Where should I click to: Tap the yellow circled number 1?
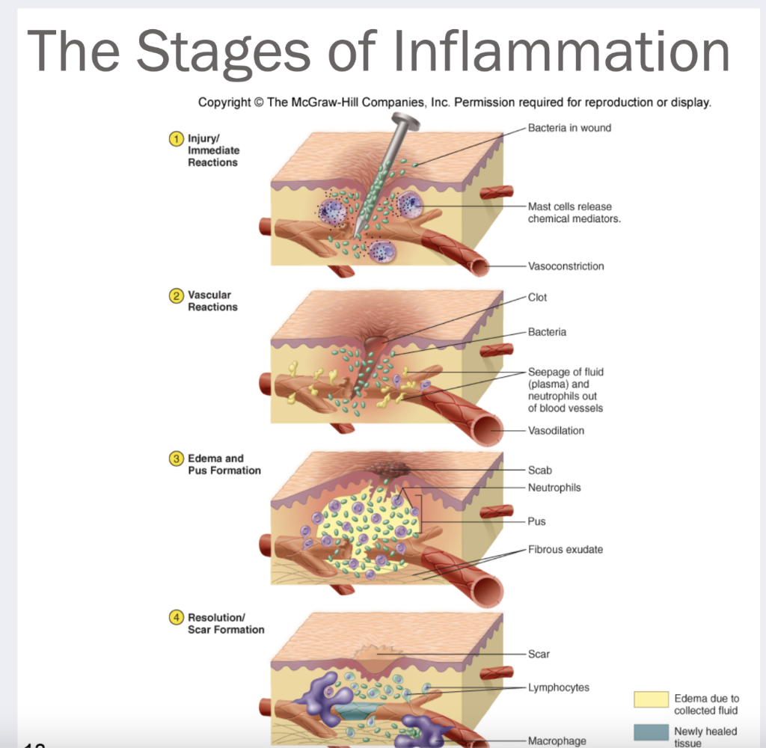click(177, 138)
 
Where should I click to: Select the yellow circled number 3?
click(177, 459)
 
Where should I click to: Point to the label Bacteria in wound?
click(569, 128)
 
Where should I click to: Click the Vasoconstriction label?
click(566, 266)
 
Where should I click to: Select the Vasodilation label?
click(556, 430)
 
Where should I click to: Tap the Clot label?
click(537, 297)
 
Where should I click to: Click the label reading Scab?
click(539, 470)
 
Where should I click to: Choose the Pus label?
click(536, 521)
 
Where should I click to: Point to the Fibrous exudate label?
click(565, 549)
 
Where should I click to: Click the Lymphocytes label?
click(558, 687)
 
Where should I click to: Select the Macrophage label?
click(557, 741)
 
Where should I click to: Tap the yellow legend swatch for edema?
click(651, 699)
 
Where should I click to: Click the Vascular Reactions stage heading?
click(212, 301)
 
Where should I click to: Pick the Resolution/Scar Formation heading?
click(225, 623)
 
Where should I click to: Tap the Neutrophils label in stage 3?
click(554, 488)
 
